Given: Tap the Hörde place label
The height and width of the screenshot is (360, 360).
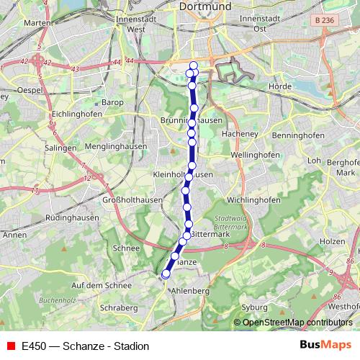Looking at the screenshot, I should click(279, 86).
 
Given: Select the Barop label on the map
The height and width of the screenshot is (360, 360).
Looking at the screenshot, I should click(113, 103).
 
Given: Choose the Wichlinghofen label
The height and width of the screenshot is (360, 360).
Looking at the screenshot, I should click(253, 199).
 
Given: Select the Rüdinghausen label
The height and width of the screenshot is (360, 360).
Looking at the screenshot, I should click(72, 217).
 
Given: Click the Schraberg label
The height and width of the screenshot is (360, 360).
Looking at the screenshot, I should click(120, 307).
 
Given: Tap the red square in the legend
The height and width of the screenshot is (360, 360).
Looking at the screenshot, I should click(10, 346).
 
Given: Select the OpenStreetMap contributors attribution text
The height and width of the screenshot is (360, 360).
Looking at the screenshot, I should click(297, 323).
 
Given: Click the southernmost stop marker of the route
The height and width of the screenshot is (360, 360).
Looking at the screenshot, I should click(166, 274).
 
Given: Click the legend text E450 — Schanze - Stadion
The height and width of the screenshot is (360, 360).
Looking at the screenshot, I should click(86, 346).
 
